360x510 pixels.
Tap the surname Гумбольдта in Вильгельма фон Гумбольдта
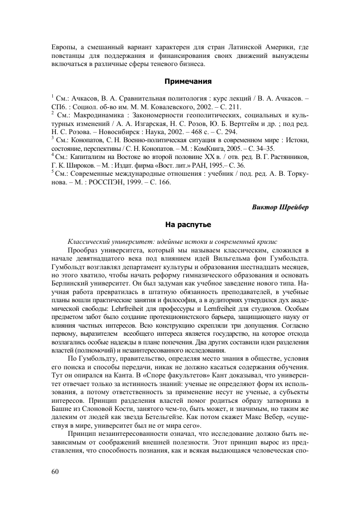tap(285, 258)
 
